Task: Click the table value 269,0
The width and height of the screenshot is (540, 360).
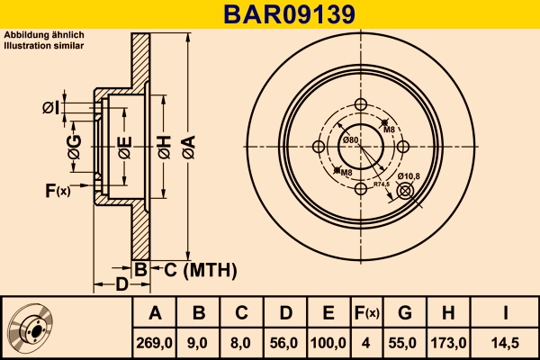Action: pos(155,342)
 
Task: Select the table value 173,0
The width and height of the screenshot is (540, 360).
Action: pos(449,342)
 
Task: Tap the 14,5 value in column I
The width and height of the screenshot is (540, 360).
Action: pos(505,342)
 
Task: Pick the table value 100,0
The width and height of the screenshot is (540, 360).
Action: pos(328,342)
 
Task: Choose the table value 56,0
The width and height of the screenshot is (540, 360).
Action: pos(283,342)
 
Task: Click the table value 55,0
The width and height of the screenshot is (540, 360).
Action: pos(405,342)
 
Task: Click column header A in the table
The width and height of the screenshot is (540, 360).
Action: pos(155,313)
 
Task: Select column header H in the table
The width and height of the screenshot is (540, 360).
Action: pos(449,313)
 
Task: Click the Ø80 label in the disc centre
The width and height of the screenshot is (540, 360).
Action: pos(350,140)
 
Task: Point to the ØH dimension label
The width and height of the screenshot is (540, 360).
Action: pos(164,144)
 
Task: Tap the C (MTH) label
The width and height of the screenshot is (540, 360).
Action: pos(200,269)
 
